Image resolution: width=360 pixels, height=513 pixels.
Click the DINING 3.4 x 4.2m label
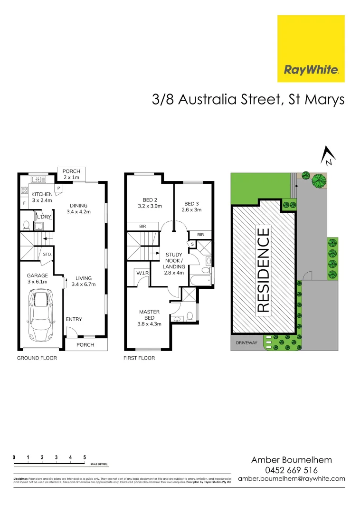78,209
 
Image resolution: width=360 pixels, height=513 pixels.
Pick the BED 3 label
192,207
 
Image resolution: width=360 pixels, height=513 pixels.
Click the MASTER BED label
150,318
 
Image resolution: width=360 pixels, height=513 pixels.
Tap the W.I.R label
142,273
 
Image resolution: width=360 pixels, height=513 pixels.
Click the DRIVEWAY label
245,342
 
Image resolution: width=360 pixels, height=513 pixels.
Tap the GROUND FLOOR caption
37,358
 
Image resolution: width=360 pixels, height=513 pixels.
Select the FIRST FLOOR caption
139,358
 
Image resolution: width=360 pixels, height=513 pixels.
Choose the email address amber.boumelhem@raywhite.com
291,478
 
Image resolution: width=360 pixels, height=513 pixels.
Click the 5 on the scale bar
85,457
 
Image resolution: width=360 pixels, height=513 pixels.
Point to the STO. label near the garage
47,254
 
